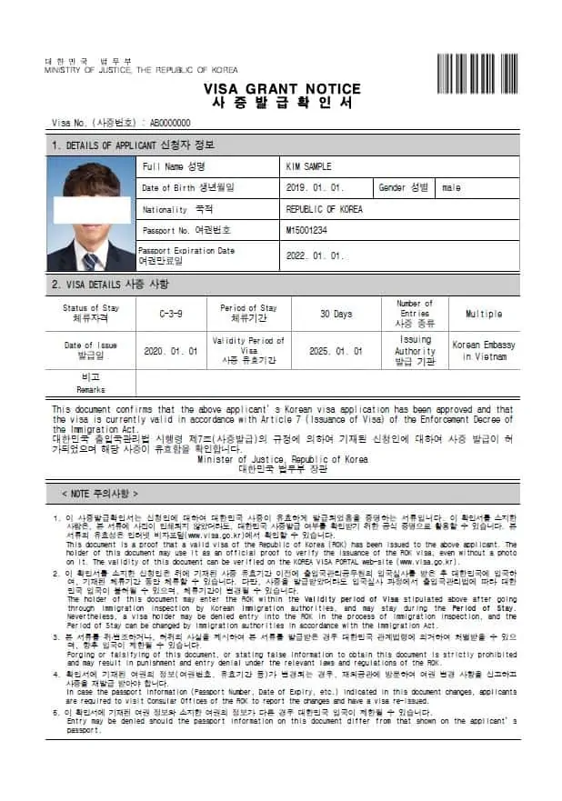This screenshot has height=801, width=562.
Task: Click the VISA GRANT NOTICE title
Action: pos(282,89)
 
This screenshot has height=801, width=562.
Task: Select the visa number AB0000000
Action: pos(170,123)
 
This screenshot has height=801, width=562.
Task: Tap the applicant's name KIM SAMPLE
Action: pos(309,167)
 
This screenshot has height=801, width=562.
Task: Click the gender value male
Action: pos(452,188)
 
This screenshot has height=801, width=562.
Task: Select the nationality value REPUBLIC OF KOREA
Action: pos(324,209)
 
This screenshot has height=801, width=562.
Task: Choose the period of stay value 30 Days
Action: pos(336,314)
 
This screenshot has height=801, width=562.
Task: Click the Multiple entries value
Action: pos(483,314)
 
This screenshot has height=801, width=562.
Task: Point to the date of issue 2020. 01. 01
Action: pos(169,351)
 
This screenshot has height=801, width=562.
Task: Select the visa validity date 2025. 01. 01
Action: pos(336,351)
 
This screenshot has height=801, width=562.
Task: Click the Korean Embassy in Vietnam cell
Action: pos(483,351)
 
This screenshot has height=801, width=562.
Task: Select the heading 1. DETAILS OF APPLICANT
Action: pos(133,145)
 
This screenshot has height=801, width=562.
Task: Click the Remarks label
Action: pos(90,383)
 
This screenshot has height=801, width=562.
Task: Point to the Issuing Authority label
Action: pos(415,351)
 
